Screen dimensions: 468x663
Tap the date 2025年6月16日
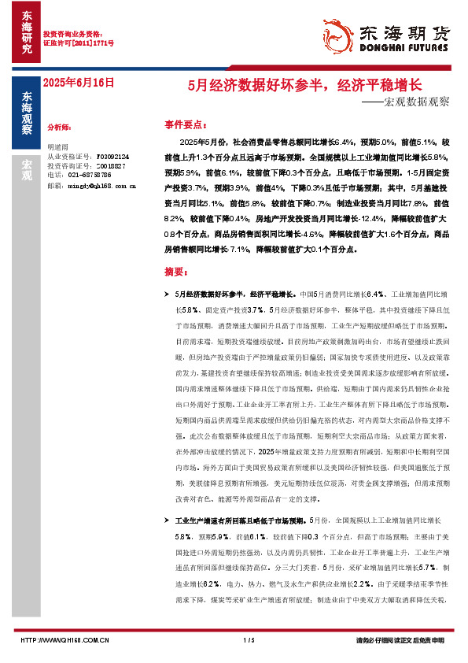click(78, 82)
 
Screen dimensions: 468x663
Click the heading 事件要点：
click(186, 124)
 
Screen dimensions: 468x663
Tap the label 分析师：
click(60, 127)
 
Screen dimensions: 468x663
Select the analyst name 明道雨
click(58, 147)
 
